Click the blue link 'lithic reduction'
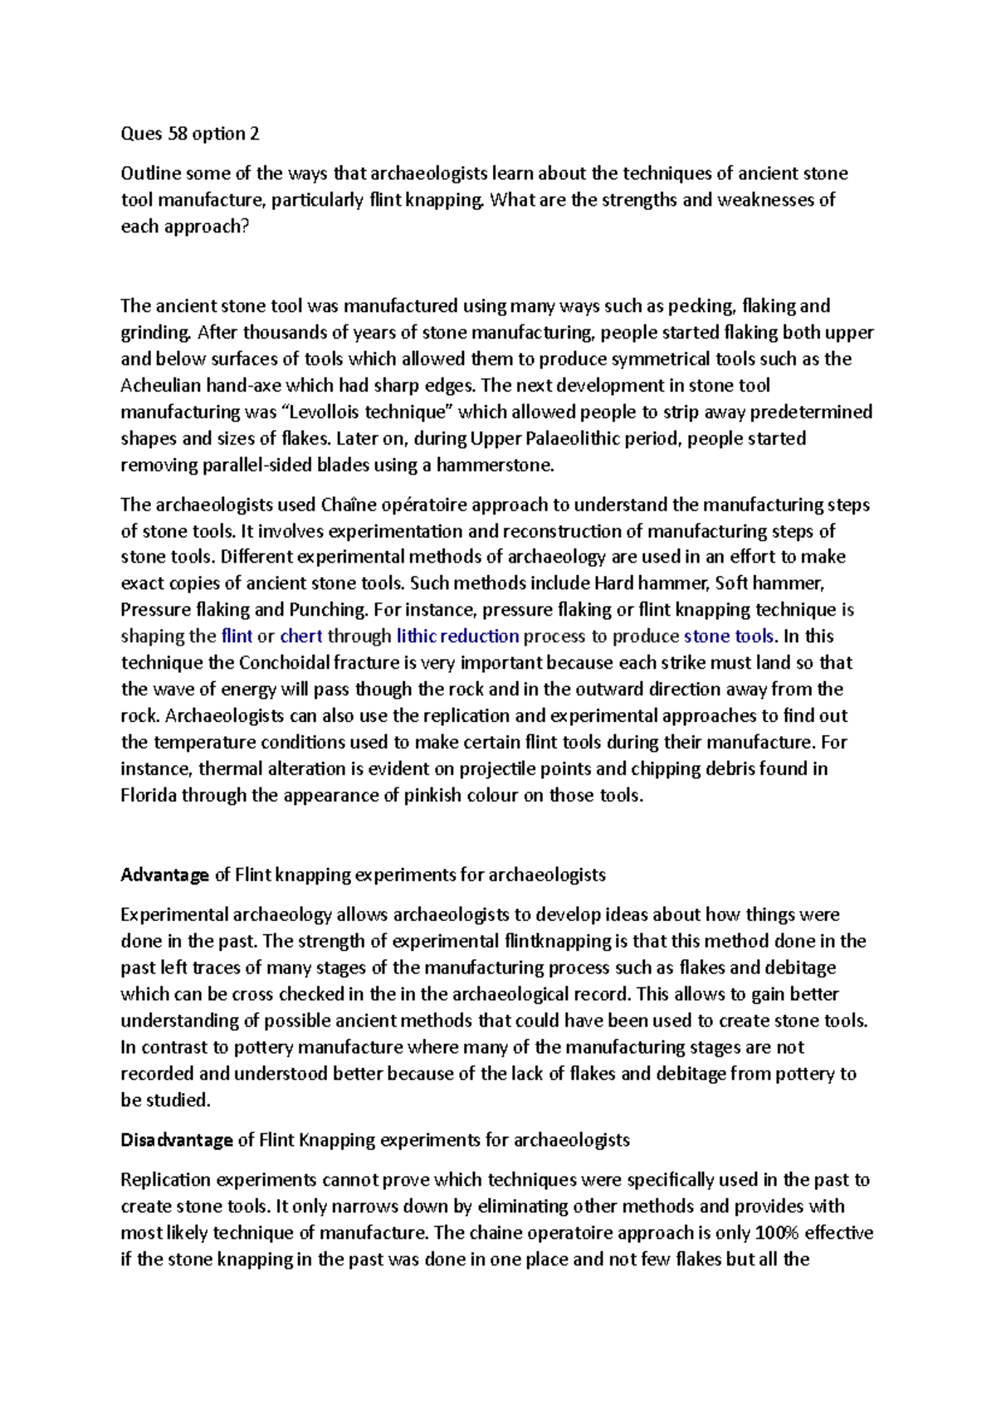tap(458, 636)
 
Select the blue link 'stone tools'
tap(729, 636)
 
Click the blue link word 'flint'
tap(237, 636)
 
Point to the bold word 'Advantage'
tap(165, 875)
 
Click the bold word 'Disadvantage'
tap(177, 1140)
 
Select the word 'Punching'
tap(327, 610)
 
